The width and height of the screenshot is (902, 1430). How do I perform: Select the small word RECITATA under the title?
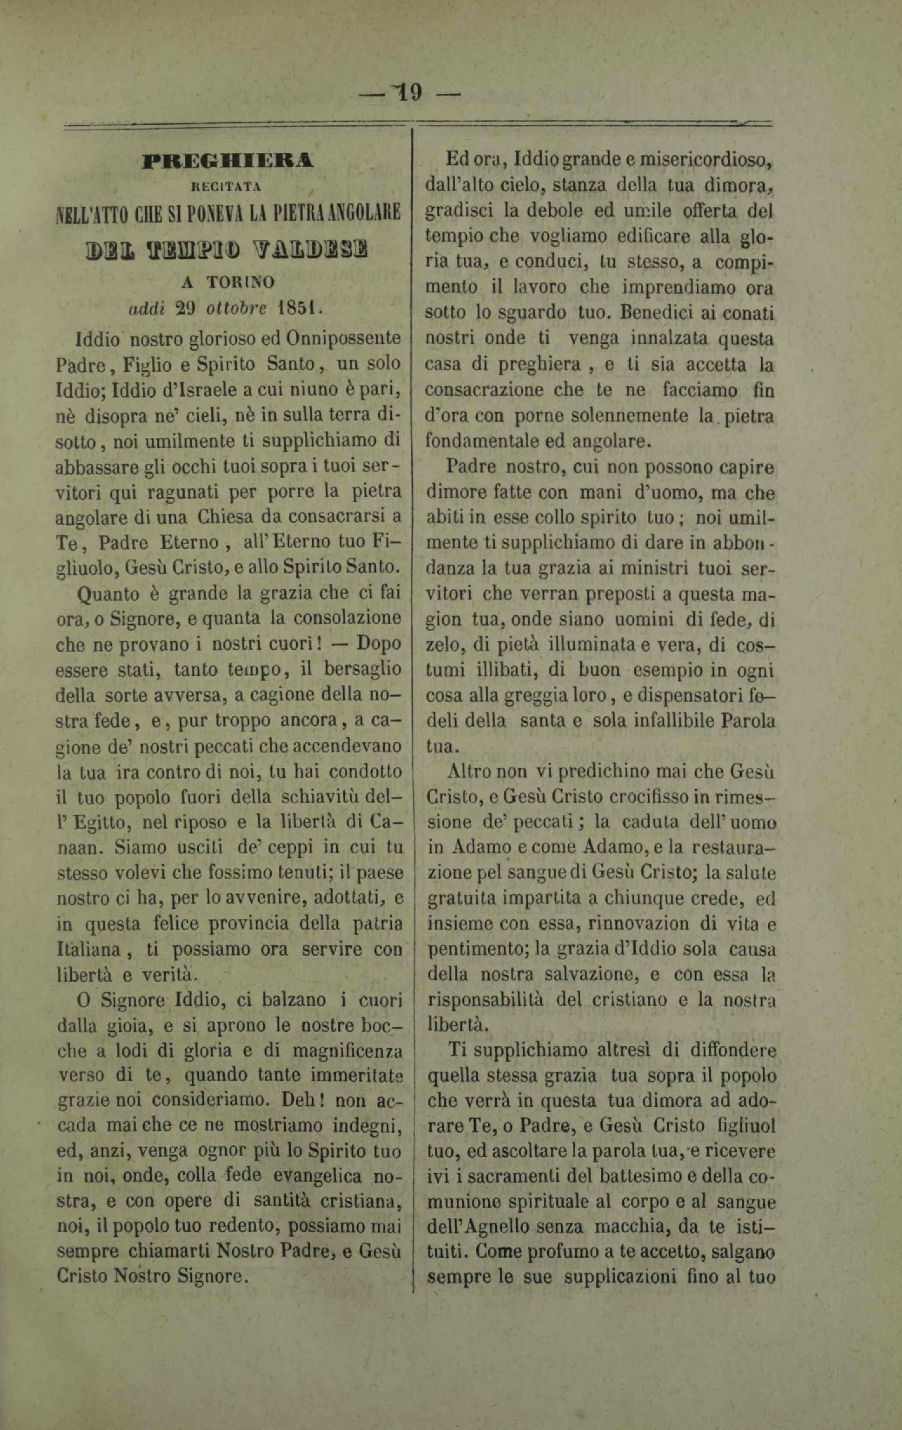pos(228,188)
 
